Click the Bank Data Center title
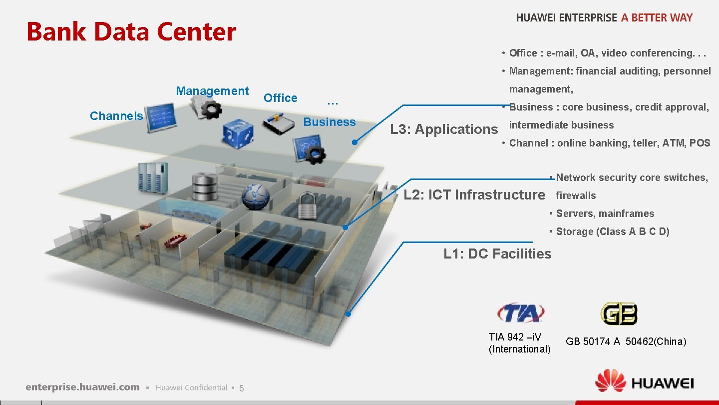[x=131, y=31]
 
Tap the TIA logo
[x=520, y=313]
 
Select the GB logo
[x=619, y=313]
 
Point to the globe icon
[x=256, y=196]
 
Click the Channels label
[x=116, y=116]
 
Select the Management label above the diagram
[x=212, y=91]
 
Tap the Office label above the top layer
[x=280, y=98]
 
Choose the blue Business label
[x=330, y=122]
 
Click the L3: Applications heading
[x=444, y=129]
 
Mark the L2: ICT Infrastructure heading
[x=474, y=194]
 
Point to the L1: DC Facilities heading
[x=497, y=253]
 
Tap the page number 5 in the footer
[x=241, y=388]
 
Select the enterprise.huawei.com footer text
[x=83, y=387]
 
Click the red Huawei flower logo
[x=610, y=381]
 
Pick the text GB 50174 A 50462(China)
[x=626, y=341]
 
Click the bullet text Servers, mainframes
[x=605, y=213]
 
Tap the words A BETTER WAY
[x=657, y=17]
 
